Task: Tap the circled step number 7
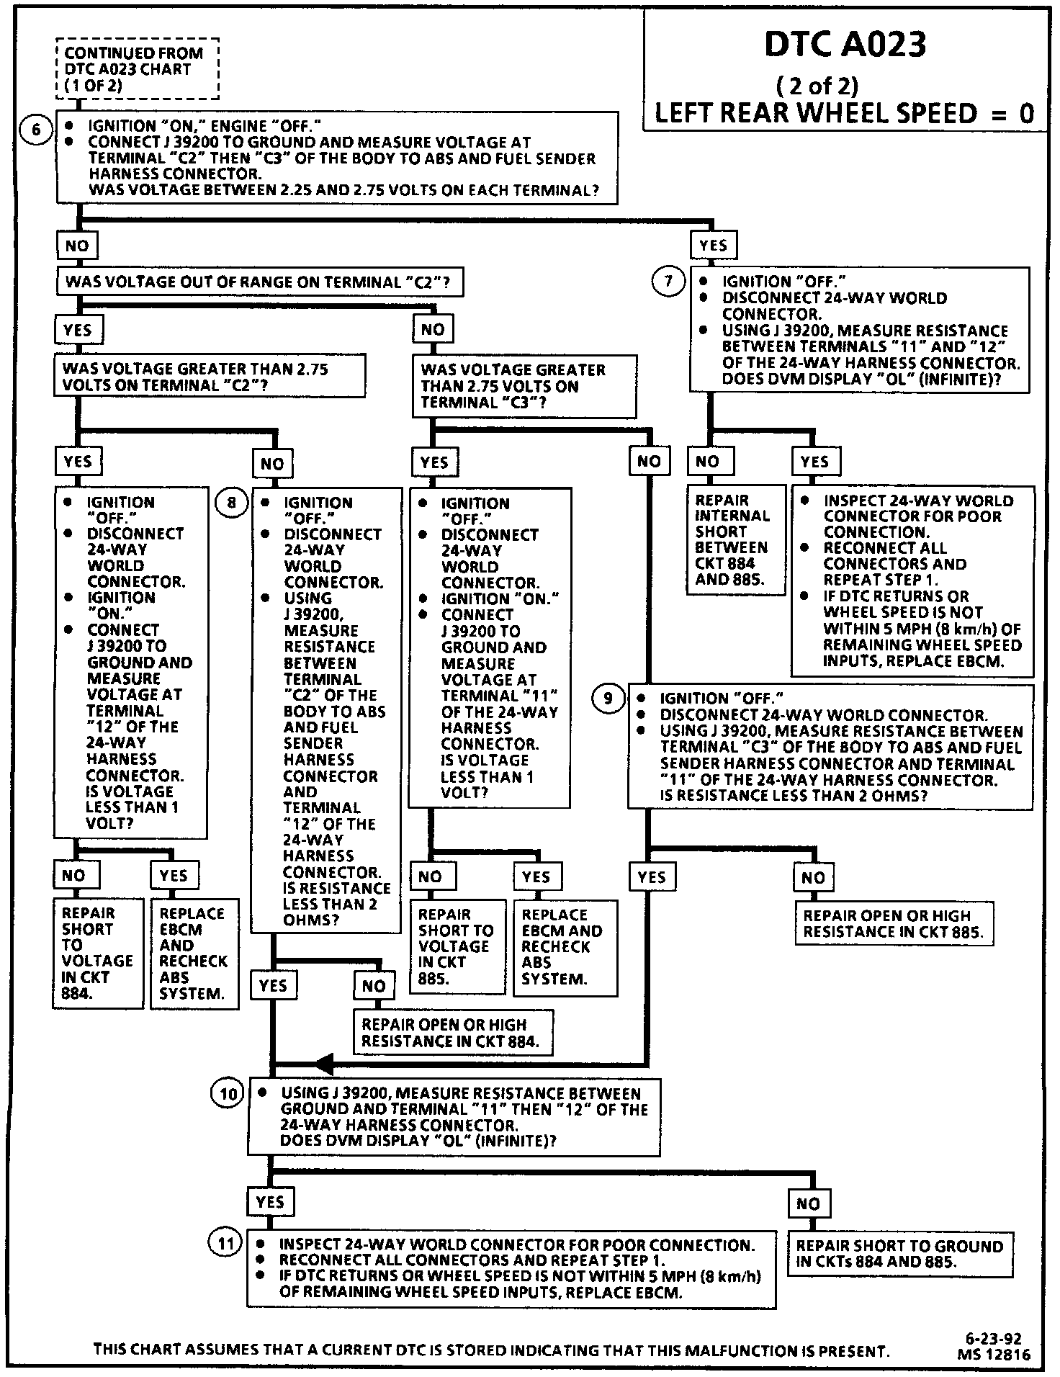coord(668,281)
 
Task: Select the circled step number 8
coord(231,501)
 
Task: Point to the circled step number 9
coord(608,698)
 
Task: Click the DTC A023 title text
coord(845,45)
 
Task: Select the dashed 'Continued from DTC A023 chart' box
coord(137,69)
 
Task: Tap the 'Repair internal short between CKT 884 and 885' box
coord(735,539)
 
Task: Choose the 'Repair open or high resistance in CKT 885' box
coord(893,923)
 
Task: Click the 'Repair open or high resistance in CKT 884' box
coord(452,1033)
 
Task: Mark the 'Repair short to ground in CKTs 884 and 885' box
coord(899,1254)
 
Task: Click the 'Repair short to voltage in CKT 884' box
coord(98,952)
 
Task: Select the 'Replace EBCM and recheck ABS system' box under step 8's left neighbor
coord(194,953)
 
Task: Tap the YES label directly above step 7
coord(713,246)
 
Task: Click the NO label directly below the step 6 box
coord(77,246)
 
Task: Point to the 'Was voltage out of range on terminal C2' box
coord(259,282)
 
